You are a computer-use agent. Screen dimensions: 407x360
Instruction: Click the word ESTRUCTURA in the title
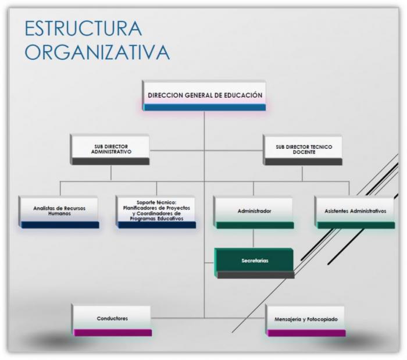tap(83, 28)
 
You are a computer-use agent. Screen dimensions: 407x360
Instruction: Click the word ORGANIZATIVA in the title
tap(97, 52)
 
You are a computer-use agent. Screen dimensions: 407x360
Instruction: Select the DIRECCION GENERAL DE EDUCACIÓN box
tap(204, 95)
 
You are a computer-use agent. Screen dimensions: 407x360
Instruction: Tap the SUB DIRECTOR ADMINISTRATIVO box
tap(110, 149)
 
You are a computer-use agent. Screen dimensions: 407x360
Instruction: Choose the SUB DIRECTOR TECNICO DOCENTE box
tap(303, 150)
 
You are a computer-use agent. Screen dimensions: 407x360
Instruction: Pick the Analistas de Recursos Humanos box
tap(59, 212)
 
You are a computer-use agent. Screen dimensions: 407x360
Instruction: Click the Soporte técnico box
tap(156, 212)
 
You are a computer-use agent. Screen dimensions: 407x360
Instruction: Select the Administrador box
tap(254, 213)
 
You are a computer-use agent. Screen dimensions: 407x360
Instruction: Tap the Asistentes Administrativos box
tap(355, 213)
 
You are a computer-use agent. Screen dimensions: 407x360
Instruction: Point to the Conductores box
tap(112, 321)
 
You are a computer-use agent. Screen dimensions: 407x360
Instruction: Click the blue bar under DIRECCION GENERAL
tap(205, 107)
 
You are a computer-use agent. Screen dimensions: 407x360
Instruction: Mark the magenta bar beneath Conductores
tap(113, 333)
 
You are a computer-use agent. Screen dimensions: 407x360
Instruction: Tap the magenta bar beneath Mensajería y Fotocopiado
tap(306, 333)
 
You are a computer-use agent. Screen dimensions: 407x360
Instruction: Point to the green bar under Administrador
tap(255, 225)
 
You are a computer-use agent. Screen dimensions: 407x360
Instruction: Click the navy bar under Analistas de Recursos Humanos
tap(60, 225)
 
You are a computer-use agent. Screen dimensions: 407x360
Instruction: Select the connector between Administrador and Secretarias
tap(254, 238)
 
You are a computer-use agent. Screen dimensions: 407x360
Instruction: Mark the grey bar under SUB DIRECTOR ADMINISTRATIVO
tap(110, 162)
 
